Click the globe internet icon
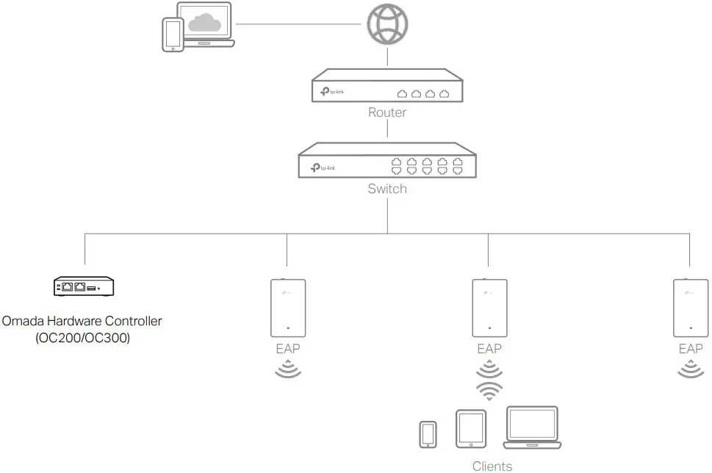pos(387,24)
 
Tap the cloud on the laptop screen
pos(204,24)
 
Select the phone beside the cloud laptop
pos(173,35)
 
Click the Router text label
pos(386,112)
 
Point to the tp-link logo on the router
pos(331,92)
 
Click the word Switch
pos(386,189)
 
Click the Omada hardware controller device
pos(84,286)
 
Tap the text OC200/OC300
pos(82,338)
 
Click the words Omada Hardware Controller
pos(82,321)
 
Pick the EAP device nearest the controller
pos(288,306)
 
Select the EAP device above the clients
pos(489,306)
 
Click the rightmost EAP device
pos(690,306)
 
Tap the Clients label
pos(492,466)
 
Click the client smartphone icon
pos(428,433)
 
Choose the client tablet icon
pos(471,428)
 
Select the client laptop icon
pos(532,428)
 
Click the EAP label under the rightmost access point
pos(690,349)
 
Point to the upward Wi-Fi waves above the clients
pos(489,391)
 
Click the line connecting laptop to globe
pos(300,24)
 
